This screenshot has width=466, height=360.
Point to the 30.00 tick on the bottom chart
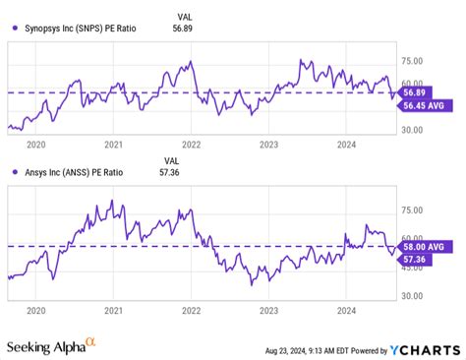click(x=411, y=295)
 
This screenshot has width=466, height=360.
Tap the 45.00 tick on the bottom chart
click(x=411, y=268)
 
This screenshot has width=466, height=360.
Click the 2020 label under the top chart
click(x=36, y=144)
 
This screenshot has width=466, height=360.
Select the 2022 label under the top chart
click(x=191, y=144)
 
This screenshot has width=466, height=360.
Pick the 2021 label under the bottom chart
click(x=114, y=310)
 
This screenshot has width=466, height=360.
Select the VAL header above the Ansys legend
click(x=171, y=159)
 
